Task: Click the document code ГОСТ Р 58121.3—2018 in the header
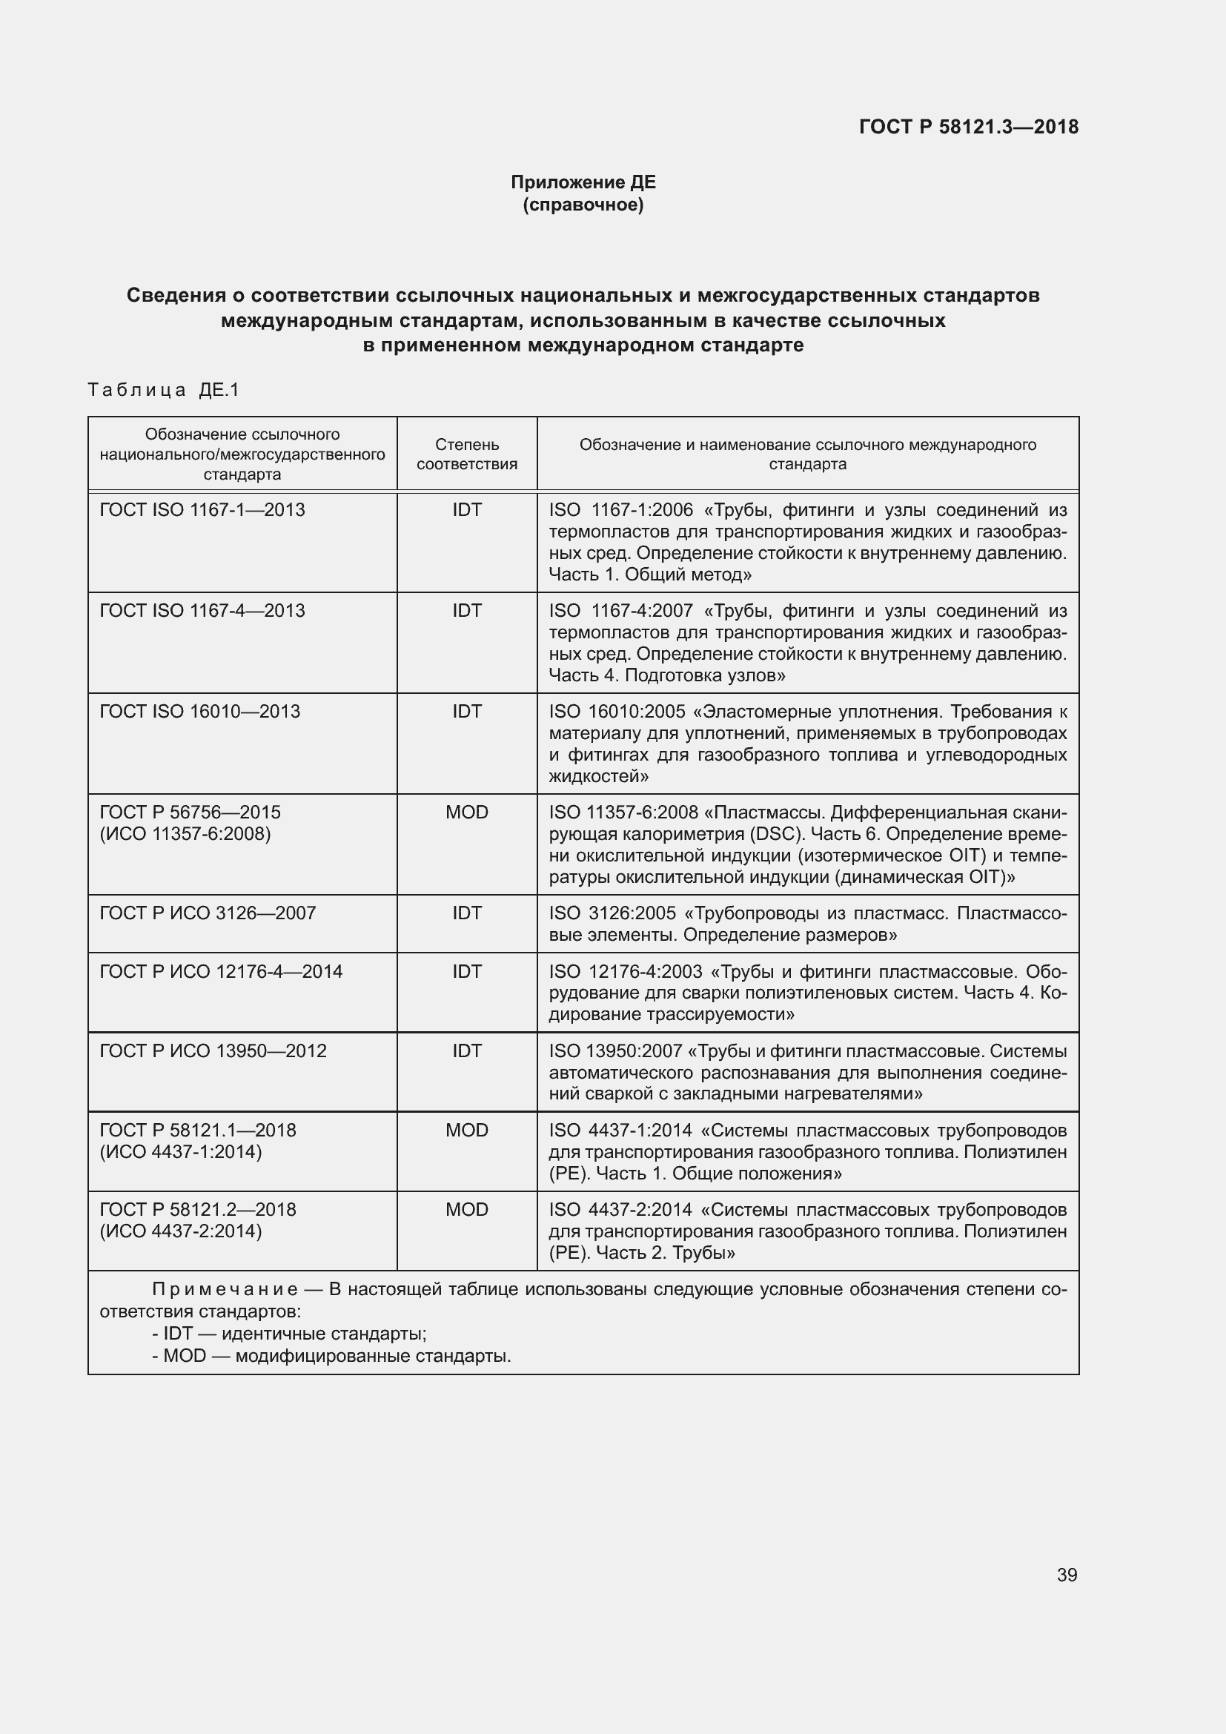[969, 127]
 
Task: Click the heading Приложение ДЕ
[583, 182]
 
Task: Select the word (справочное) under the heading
[583, 205]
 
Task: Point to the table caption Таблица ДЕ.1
[163, 390]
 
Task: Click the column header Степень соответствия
[466, 454]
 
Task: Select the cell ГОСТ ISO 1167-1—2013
[202, 510]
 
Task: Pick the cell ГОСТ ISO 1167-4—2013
[202, 610]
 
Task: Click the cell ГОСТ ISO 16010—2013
[200, 712]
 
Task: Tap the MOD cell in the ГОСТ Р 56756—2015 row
[466, 812]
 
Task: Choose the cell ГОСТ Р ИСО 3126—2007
[208, 913]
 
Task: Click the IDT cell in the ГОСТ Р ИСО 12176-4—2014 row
[466, 971]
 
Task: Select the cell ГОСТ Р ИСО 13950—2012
[213, 1050]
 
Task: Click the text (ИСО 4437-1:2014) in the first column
[181, 1152]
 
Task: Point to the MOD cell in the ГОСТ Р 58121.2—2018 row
[466, 1209]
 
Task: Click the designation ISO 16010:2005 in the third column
[617, 712]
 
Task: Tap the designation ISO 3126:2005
[612, 913]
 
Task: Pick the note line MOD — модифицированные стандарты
[331, 1355]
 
